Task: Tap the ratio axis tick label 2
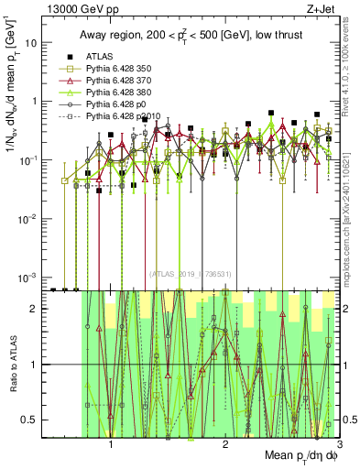tap(35, 309)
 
